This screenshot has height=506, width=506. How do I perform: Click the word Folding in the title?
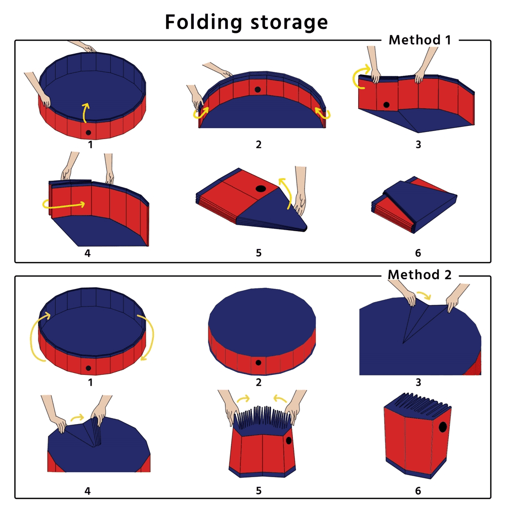point(203,22)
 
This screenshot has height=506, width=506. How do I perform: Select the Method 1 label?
point(419,40)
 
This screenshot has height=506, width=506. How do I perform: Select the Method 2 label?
point(419,275)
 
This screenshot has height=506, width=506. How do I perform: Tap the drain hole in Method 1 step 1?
point(88,133)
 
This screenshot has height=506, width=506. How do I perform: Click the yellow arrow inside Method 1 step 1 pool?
point(86,113)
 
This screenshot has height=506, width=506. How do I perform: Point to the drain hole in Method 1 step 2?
point(258,90)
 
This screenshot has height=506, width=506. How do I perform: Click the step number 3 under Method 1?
point(418,145)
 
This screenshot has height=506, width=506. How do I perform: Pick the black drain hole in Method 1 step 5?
point(261,188)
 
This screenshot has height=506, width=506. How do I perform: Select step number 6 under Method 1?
point(418,253)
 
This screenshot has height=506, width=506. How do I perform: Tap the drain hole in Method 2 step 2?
point(258,363)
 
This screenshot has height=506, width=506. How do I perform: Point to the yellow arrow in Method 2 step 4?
point(77,417)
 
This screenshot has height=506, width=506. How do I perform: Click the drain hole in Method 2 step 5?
point(289,440)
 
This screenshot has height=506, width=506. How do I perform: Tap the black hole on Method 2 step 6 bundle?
point(443,427)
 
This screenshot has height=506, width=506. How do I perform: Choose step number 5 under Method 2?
point(259,491)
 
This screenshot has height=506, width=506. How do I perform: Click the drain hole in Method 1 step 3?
point(386,105)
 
